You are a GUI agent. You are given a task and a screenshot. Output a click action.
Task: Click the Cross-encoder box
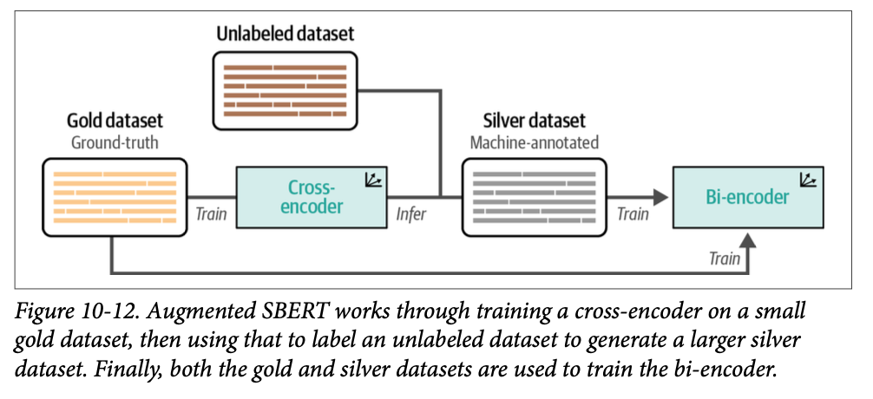(x=311, y=198)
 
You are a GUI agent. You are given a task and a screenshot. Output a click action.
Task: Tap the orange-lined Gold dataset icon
(x=115, y=197)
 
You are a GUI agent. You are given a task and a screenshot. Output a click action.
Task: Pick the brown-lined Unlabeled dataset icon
(x=285, y=90)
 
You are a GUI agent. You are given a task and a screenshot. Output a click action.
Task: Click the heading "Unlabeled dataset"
(x=285, y=35)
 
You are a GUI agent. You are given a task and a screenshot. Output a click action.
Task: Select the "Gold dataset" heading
(x=115, y=121)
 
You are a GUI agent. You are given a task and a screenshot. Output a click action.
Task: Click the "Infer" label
(x=411, y=214)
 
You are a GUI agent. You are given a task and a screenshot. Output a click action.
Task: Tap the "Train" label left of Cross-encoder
(x=212, y=214)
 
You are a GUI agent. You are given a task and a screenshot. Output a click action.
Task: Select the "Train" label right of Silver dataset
(x=632, y=214)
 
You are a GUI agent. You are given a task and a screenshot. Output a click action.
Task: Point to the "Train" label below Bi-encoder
(x=725, y=258)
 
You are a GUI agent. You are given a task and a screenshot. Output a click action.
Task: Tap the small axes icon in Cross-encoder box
(x=375, y=180)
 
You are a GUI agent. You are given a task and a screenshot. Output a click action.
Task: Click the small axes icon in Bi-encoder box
(x=810, y=180)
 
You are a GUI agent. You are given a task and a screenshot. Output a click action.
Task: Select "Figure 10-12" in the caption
(x=77, y=311)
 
